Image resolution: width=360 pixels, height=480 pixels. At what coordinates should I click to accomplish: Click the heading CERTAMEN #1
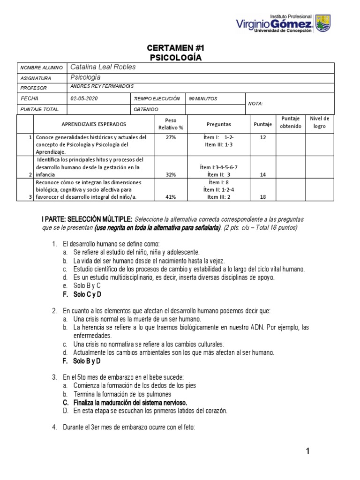176,48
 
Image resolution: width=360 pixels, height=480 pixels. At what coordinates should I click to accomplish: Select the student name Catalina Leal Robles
103,67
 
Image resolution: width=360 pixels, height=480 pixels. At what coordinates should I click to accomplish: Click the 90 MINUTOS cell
203,98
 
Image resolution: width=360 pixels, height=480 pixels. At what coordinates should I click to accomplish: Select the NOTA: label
255,104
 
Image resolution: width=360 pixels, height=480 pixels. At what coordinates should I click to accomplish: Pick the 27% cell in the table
171,138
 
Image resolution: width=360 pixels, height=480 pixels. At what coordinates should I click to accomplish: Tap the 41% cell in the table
171,197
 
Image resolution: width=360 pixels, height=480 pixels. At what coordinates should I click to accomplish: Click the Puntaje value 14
262,174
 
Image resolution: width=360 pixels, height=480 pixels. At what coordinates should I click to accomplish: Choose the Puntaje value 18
262,197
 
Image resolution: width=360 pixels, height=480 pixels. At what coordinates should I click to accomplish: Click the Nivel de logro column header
319,122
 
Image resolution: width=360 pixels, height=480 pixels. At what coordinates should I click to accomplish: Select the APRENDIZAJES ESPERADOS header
94,124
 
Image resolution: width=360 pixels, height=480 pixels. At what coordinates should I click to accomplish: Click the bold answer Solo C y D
87,294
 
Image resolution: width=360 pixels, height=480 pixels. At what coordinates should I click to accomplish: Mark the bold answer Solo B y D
87,361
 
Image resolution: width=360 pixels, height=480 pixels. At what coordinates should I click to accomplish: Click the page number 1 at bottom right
307,451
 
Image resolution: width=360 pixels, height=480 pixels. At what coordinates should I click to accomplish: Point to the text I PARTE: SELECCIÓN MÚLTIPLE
87,219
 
